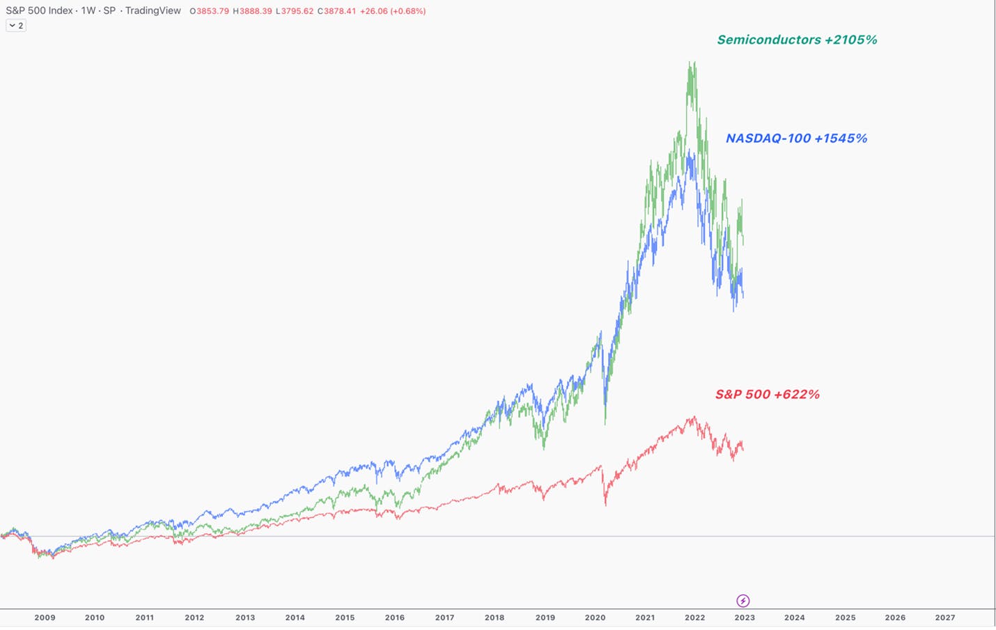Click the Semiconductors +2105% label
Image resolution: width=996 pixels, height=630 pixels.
click(x=797, y=40)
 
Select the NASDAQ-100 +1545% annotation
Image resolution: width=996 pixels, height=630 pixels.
click(x=796, y=139)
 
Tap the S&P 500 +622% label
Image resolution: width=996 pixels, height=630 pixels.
click(x=767, y=395)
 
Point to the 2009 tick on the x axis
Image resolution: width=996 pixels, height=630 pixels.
click(x=45, y=617)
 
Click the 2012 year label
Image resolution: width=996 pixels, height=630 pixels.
click(x=194, y=617)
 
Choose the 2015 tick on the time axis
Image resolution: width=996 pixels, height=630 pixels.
click(x=345, y=617)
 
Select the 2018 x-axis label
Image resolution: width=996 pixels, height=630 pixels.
click(x=495, y=617)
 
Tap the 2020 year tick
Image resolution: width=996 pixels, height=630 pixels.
click(x=595, y=617)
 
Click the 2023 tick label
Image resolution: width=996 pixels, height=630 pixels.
click(x=745, y=617)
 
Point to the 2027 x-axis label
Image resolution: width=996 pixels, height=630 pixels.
click(x=945, y=617)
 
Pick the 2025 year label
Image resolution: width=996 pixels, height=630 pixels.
click(x=846, y=617)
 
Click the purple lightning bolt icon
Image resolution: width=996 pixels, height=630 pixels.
click(x=743, y=601)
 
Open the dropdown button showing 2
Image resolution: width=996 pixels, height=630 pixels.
click(x=16, y=26)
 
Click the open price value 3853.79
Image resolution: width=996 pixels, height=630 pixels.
click(x=212, y=11)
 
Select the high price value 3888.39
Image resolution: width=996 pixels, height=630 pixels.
click(x=256, y=11)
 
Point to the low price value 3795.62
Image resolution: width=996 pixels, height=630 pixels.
click(x=297, y=11)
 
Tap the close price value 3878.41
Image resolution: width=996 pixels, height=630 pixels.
click(x=340, y=11)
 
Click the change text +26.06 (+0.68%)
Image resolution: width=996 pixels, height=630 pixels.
click(x=393, y=11)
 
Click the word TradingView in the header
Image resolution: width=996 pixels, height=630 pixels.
click(x=153, y=10)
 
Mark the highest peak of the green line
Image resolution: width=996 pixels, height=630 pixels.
click(x=690, y=62)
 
